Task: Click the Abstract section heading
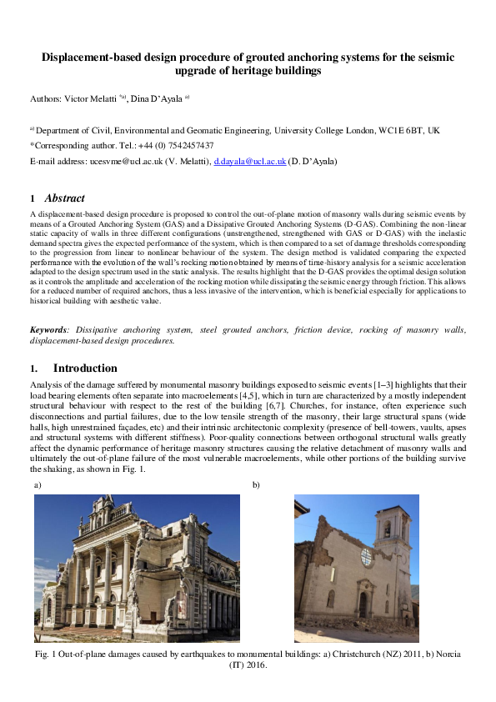[64, 198]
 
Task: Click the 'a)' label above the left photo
[38, 484]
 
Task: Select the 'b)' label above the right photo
[255, 484]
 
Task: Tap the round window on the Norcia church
[367, 557]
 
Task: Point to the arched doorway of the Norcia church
[363, 605]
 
